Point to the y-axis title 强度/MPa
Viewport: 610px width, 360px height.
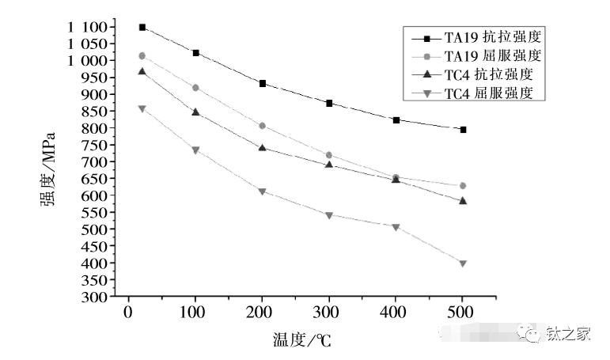(x=49, y=162)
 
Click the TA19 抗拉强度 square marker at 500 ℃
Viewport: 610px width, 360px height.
(x=463, y=129)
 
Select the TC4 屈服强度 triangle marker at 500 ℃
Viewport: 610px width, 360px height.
(x=463, y=263)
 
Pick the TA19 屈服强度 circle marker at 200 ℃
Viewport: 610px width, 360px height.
(x=261, y=126)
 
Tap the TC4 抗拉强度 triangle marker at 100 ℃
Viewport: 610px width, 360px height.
(x=195, y=112)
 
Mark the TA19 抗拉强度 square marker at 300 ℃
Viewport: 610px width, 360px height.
(x=328, y=103)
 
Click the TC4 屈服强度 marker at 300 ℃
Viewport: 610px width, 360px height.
(x=328, y=215)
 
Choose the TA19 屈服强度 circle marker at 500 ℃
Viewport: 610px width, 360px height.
(x=463, y=186)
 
